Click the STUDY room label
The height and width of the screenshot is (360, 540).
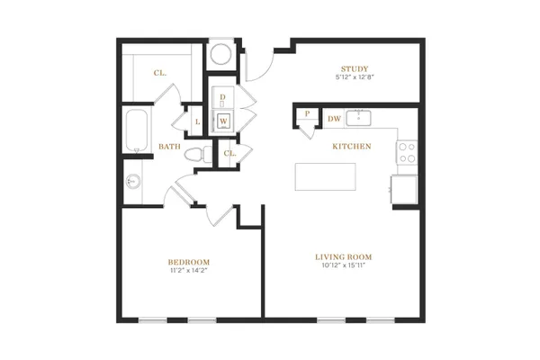point(355,69)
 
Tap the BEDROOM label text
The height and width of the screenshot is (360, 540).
point(189,262)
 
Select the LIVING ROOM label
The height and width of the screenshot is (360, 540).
point(344,257)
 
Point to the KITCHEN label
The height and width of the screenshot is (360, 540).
point(352,147)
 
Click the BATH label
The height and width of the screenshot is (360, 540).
point(169,147)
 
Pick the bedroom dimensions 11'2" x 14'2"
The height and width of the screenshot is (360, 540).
point(189,270)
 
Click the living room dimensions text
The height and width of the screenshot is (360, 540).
point(344,265)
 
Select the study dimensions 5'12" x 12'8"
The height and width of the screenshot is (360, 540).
point(355,77)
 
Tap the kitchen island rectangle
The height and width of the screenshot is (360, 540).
point(325,176)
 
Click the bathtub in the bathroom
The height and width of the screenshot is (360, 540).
point(137,130)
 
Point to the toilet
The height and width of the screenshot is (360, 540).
point(198,154)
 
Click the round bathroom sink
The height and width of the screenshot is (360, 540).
point(133,181)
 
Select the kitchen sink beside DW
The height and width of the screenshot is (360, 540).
point(358,118)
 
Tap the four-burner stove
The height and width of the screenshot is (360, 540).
point(407,152)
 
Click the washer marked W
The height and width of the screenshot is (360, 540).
point(223,121)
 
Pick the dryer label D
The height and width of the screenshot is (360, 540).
point(222,97)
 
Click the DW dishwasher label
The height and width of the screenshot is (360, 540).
point(334,119)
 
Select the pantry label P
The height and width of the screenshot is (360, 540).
point(307,113)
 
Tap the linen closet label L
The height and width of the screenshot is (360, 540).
point(197,122)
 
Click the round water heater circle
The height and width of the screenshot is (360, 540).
point(220,54)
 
